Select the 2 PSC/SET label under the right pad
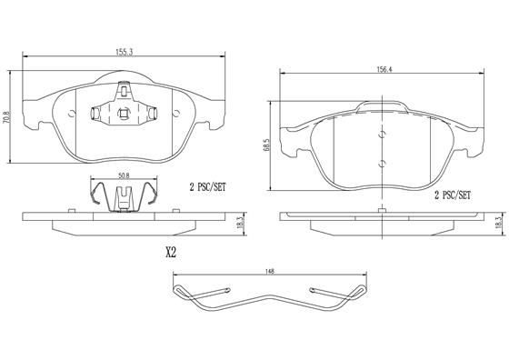point(451,195)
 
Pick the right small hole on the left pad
point(176,114)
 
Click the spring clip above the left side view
point(125,195)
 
